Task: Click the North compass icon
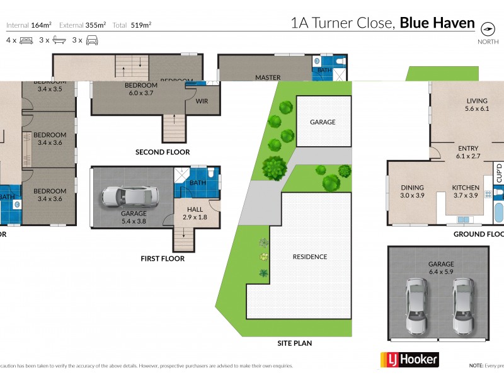click(486, 29)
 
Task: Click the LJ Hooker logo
click(409, 359)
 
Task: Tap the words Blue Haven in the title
click(437, 23)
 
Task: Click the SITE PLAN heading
click(295, 343)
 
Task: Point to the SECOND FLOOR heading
click(163, 152)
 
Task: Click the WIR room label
click(202, 101)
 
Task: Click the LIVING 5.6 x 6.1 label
click(477, 105)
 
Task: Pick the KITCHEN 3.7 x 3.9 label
click(466, 192)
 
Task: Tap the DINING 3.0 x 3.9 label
click(413, 192)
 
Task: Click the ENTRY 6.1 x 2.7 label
click(468, 152)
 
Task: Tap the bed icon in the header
click(26, 40)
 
